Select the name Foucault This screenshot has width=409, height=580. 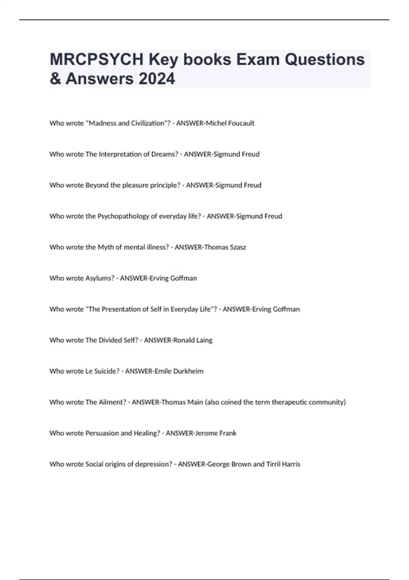(x=241, y=123)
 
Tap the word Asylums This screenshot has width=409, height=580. (x=100, y=278)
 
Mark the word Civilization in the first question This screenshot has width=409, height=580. (x=148, y=123)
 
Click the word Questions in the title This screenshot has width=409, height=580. (x=324, y=60)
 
